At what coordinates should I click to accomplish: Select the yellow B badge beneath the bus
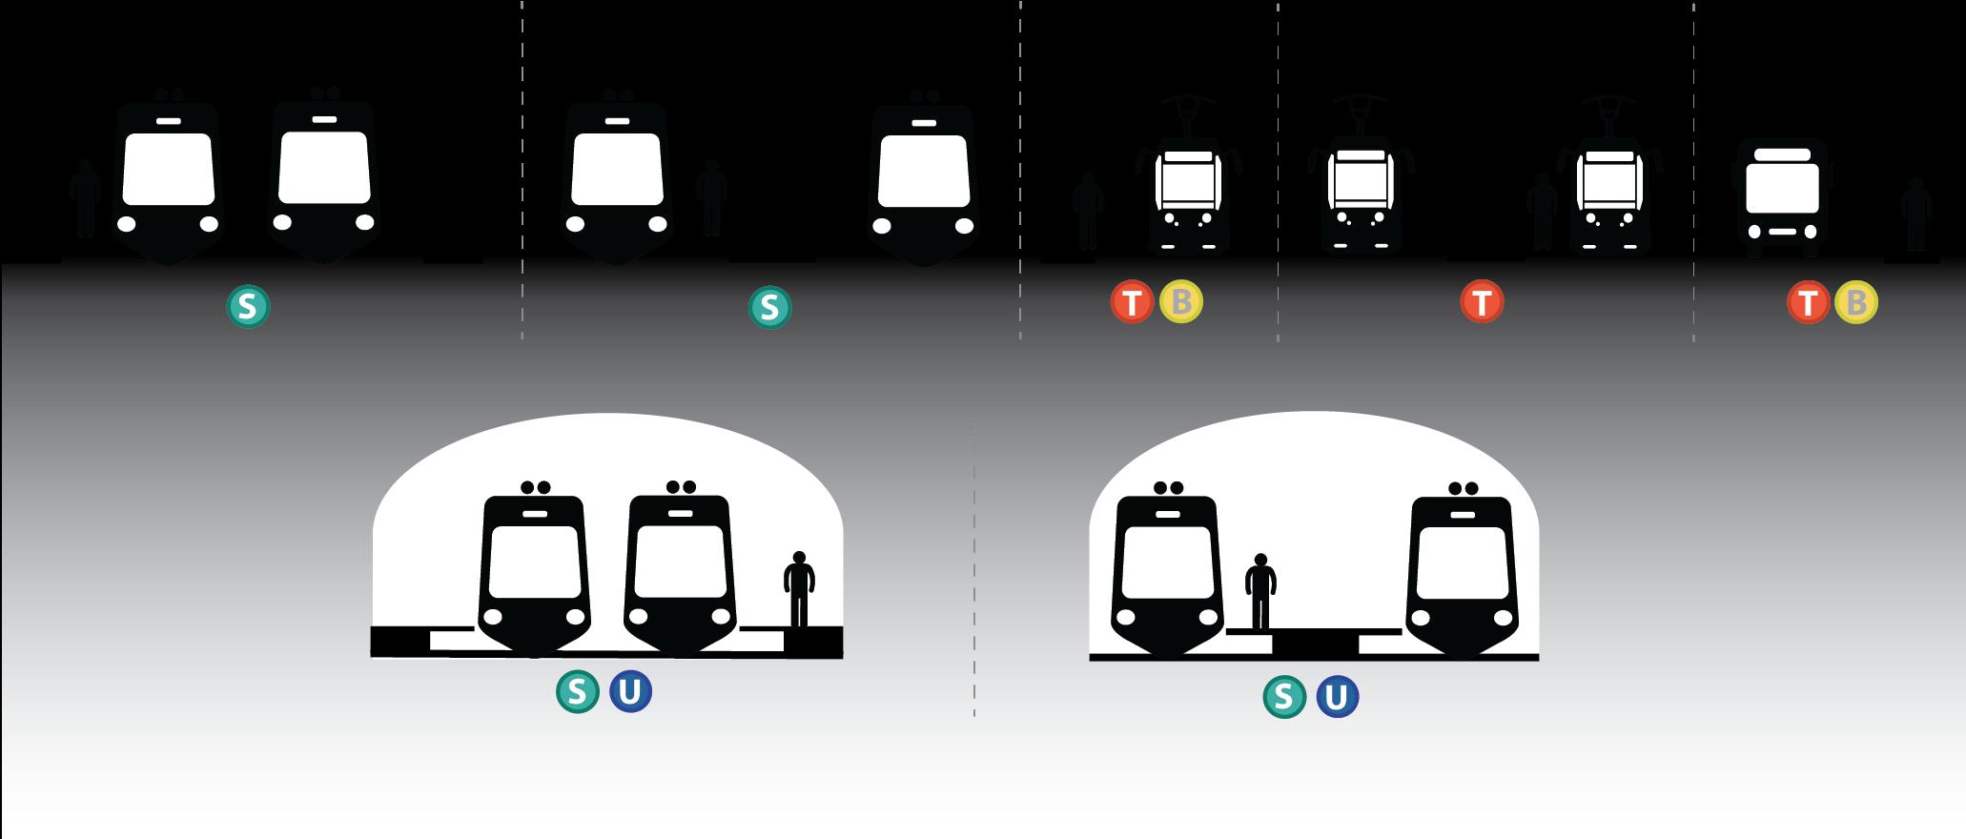1855,303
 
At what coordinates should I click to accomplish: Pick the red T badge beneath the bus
1807,303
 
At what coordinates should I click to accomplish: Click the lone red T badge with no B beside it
1482,302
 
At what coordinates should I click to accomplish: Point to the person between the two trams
1541,212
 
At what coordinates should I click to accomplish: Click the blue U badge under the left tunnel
630,691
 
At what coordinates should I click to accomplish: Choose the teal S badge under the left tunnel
577,691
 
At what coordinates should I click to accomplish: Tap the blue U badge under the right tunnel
1337,697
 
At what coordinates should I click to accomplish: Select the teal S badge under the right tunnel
1284,697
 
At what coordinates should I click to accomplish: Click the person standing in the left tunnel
799,589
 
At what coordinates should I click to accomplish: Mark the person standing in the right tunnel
1261,591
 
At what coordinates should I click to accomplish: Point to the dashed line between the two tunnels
974,572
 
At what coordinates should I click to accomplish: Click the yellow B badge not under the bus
1181,302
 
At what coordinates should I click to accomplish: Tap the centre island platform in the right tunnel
1315,642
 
